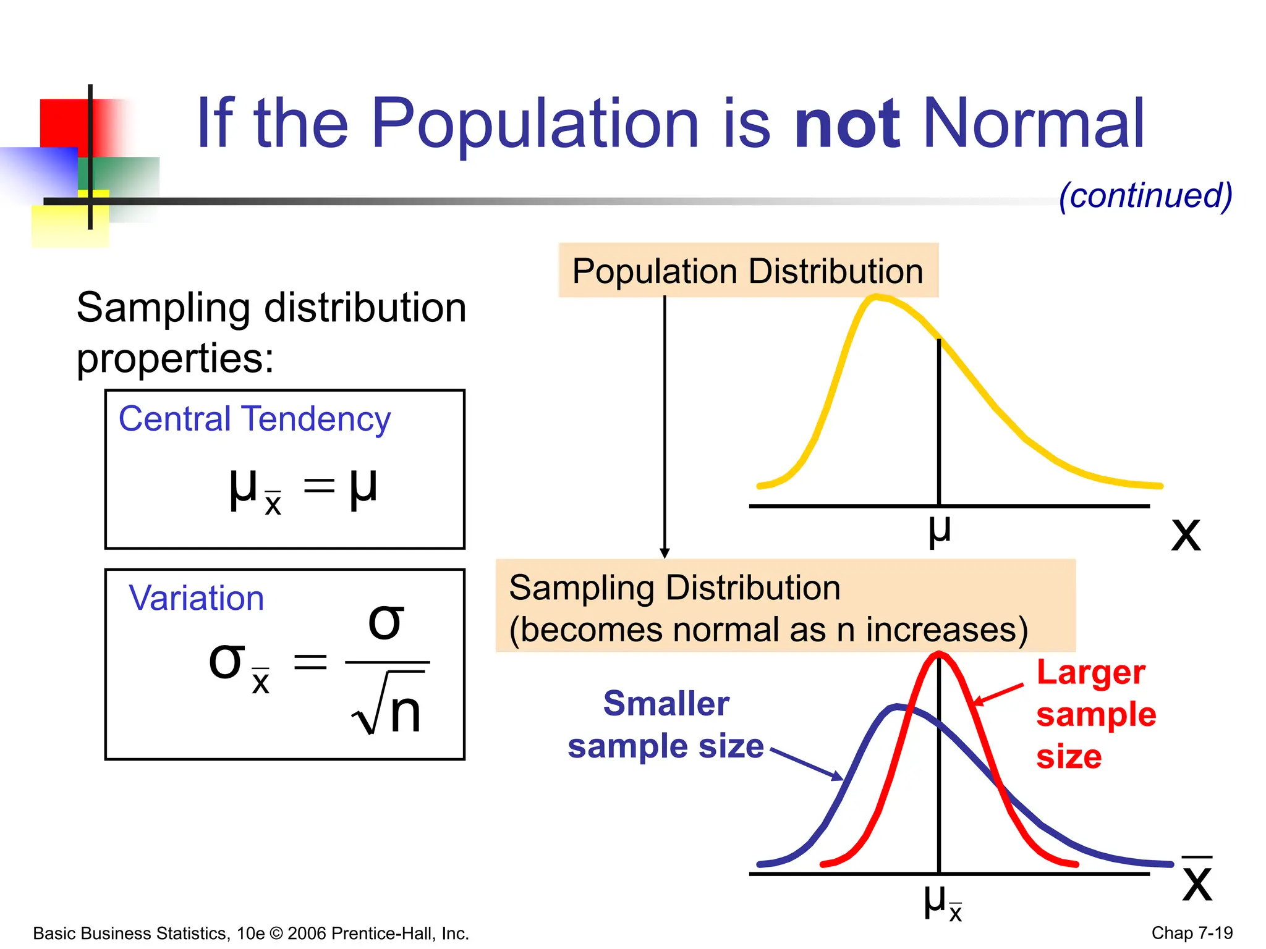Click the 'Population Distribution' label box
tap(748, 271)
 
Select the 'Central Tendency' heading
tap(254, 419)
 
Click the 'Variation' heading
tap(197, 598)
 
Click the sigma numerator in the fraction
tap(386, 622)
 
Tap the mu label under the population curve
tap(939, 530)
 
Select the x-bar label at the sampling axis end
tap(1197, 880)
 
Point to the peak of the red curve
tap(938, 654)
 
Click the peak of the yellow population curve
tap(877, 298)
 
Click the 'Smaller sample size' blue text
tap(666, 725)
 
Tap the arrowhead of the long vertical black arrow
tap(665, 553)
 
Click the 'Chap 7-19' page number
tap(1191, 933)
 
